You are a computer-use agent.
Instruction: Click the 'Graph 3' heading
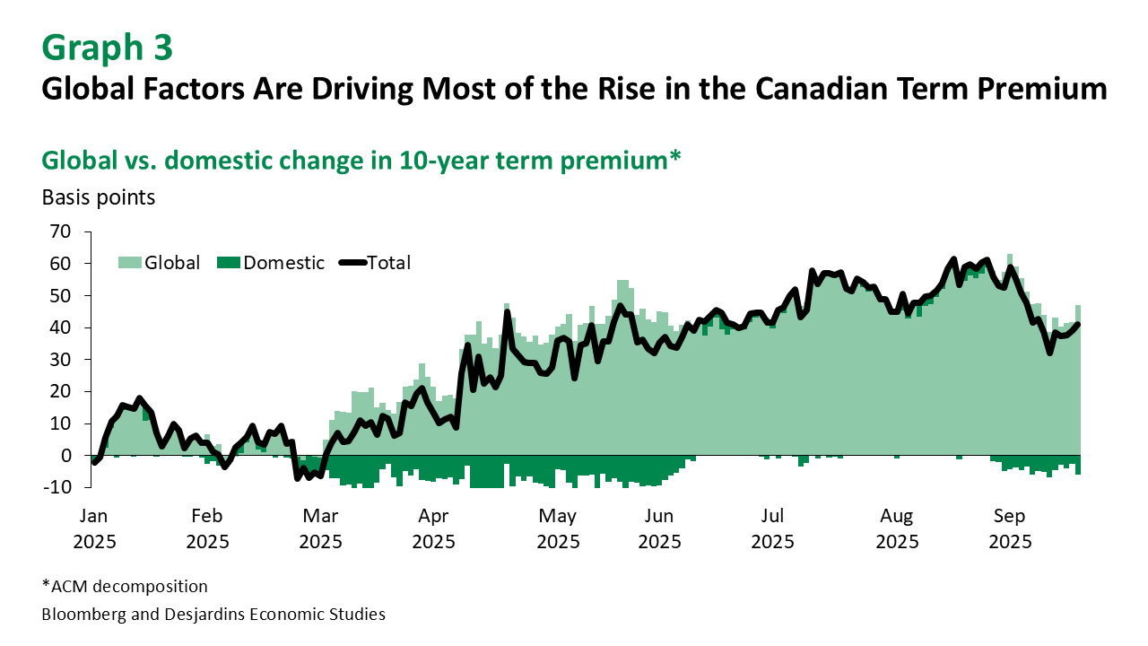[x=107, y=48]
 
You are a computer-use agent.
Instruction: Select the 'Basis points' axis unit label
[x=99, y=197]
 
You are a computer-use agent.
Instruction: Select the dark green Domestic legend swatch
[x=229, y=262]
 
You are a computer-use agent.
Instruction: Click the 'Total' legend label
[x=389, y=263]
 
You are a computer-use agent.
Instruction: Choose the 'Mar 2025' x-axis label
[x=320, y=528]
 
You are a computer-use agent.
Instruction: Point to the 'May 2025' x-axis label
[x=558, y=528]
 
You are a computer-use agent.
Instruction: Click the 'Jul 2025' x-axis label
[x=773, y=528]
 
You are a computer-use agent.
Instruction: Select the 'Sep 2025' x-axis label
[x=1009, y=528]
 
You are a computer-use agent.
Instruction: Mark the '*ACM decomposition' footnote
[x=125, y=587]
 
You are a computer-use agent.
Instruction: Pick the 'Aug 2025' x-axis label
[x=897, y=528]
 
